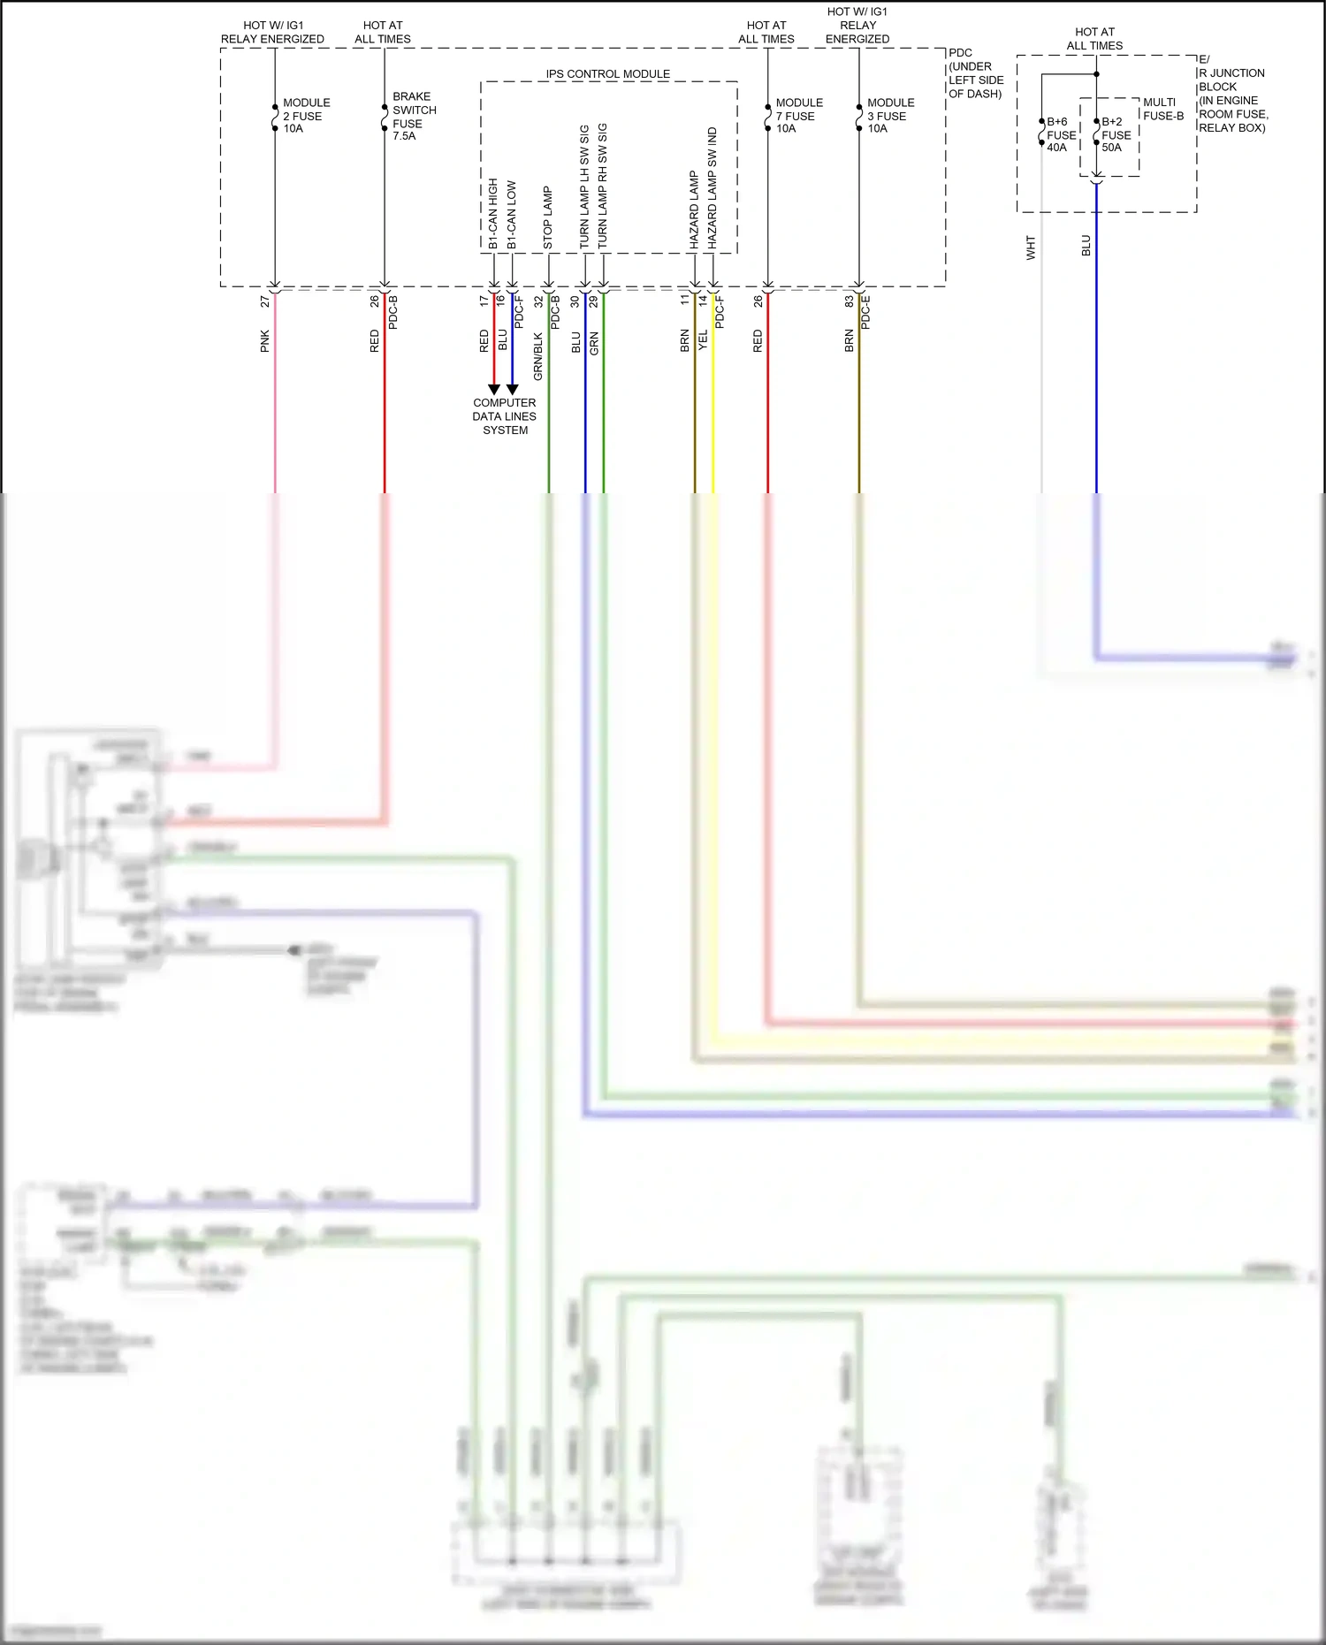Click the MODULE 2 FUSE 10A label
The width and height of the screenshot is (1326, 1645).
[x=306, y=116]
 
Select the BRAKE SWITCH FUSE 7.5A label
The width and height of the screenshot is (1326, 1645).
[x=414, y=116]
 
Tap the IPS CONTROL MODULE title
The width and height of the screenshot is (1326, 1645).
[x=607, y=74]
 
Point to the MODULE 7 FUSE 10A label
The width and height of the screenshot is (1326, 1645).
[x=798, y=116]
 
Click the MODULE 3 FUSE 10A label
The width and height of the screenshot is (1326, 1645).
[x=890, y=116]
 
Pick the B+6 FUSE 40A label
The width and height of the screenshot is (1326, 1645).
[x=1061, y=134]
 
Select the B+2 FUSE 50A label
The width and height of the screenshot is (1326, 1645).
[x=1116, y=134]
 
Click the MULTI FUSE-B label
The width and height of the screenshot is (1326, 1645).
[x=1162, y=109]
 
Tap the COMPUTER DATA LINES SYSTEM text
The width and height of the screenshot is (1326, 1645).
[x=504, y=416]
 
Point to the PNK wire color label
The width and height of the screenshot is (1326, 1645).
[x=264, y=341]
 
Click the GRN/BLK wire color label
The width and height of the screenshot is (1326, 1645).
[x=537, y=356]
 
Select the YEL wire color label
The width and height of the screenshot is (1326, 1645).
[x=703, y=341]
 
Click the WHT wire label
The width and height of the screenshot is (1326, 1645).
[x=1030, y=248]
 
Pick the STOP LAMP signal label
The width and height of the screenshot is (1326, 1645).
[x=547, y=217]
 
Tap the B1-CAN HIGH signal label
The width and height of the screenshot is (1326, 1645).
[x=492, y=214]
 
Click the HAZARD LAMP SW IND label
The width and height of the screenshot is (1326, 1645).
[x=712, y=187]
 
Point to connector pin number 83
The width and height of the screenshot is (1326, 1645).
[x=849, y=301]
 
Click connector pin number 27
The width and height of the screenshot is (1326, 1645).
[x=264, y=301]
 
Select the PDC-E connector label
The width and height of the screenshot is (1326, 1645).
[x=865, y=312]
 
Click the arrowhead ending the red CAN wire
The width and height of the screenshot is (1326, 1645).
[x=494, y=389]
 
